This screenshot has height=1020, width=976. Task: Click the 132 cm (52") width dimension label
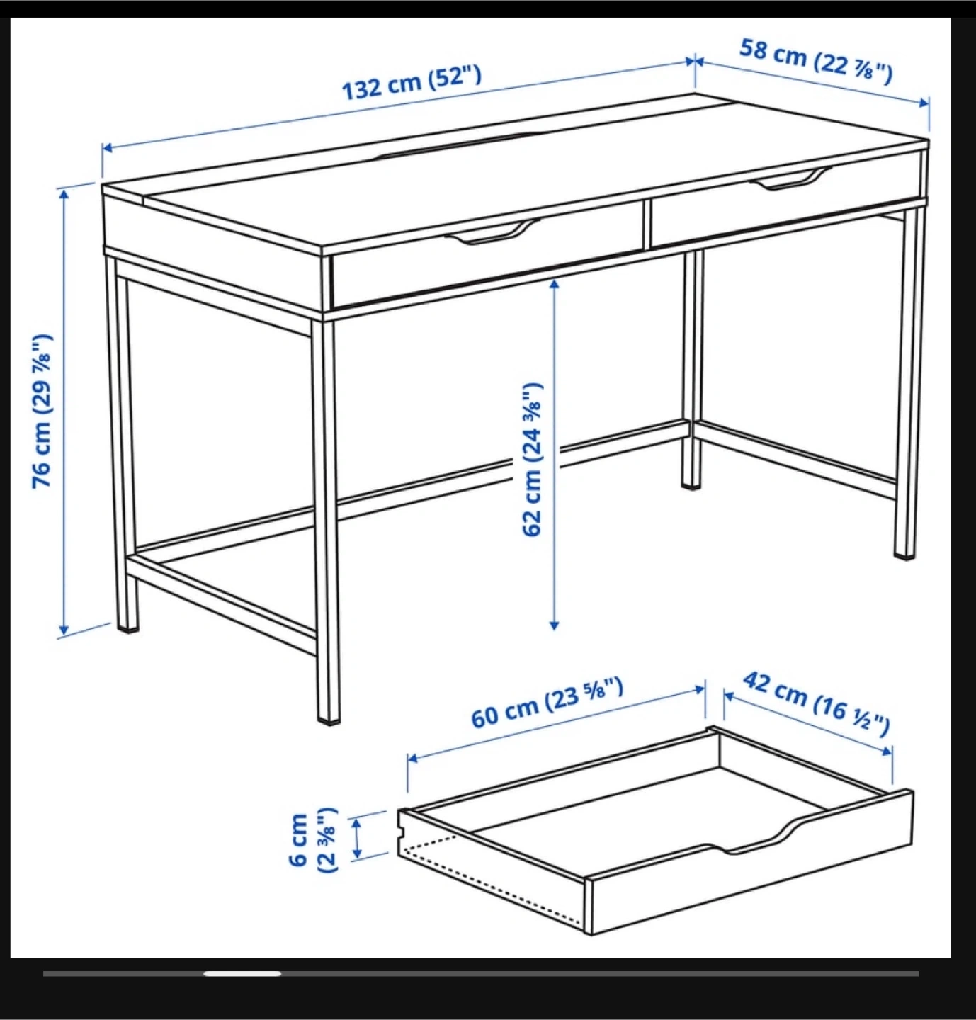pos(412,84)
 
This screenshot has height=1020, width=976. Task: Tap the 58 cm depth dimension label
pos(816,62)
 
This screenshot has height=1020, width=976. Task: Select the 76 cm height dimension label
pos(42,411)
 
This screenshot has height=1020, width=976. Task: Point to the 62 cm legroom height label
pos(532,459)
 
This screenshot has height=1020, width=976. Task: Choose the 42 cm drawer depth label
pos(816,705)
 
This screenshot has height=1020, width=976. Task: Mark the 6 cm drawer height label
pos(312,839)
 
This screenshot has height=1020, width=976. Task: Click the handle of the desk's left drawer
pos(493,232)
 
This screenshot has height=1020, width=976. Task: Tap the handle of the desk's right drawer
pos(790,178)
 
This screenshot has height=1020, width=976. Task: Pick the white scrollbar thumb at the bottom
pos(242,973)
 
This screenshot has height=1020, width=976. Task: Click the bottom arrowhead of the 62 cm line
pos(554,625)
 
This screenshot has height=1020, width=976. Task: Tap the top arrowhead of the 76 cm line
pos(64,195)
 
